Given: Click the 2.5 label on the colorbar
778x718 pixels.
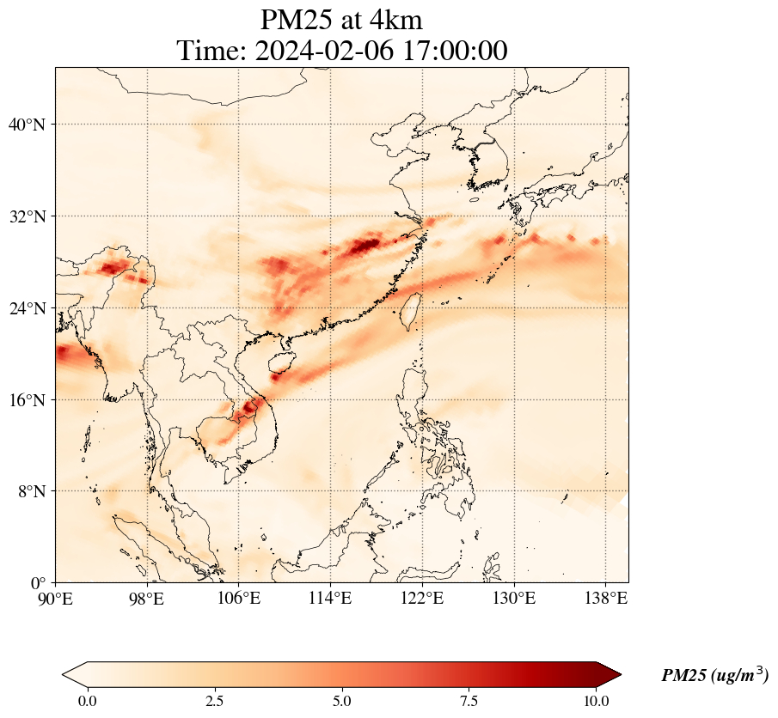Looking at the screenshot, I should point(215,701).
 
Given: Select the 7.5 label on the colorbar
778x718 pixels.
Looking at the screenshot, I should point(469,701).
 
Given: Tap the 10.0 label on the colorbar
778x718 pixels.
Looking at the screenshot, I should point(596,701).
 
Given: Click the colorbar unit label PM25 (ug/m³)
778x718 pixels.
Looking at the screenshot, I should point(714,676).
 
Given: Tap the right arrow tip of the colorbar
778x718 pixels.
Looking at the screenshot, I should point(620,675).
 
